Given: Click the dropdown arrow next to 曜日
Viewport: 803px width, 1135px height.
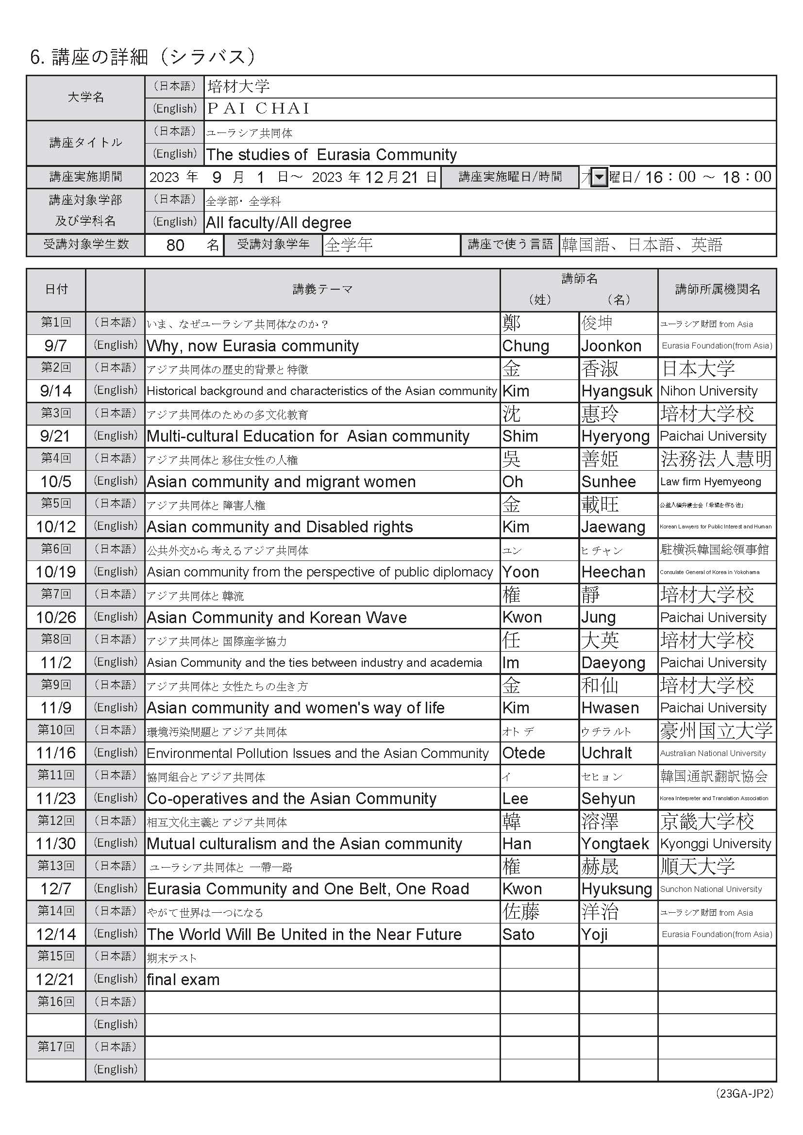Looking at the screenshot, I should tap(599, 177).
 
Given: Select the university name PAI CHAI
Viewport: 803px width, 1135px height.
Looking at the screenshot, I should tap(258, 108).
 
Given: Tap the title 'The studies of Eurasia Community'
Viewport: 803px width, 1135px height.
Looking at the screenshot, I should tap(331, 155).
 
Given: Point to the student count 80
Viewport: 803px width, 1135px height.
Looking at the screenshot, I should tap(176, 245).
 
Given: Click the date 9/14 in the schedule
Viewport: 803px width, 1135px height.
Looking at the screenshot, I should tap(55, 391).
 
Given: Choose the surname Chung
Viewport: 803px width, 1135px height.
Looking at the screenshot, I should tap(526, 346).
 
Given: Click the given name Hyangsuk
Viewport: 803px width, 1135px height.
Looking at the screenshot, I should tap(617, 391).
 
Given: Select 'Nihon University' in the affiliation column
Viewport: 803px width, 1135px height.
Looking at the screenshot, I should tap(708, 391).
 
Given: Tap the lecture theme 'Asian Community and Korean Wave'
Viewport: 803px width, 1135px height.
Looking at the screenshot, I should tap(277, 617).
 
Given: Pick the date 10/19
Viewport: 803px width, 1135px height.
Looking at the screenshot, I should tap(55, 572).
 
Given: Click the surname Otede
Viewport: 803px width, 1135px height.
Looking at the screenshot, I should tap(524, 753).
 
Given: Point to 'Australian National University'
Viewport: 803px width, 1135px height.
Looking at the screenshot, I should tap(713, 754).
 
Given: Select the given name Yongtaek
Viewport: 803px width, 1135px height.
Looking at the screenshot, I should tap(615, 843).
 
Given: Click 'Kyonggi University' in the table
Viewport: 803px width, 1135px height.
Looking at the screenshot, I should tap(715, 843).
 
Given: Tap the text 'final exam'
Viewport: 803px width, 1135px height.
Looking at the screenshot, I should tap(183, 979).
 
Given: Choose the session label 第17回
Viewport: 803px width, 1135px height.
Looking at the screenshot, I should tap(55, 1047).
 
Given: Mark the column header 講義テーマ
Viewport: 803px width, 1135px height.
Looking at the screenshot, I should tap(322, 290).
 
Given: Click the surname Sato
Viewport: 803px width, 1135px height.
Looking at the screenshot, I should tap(518, 934).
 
